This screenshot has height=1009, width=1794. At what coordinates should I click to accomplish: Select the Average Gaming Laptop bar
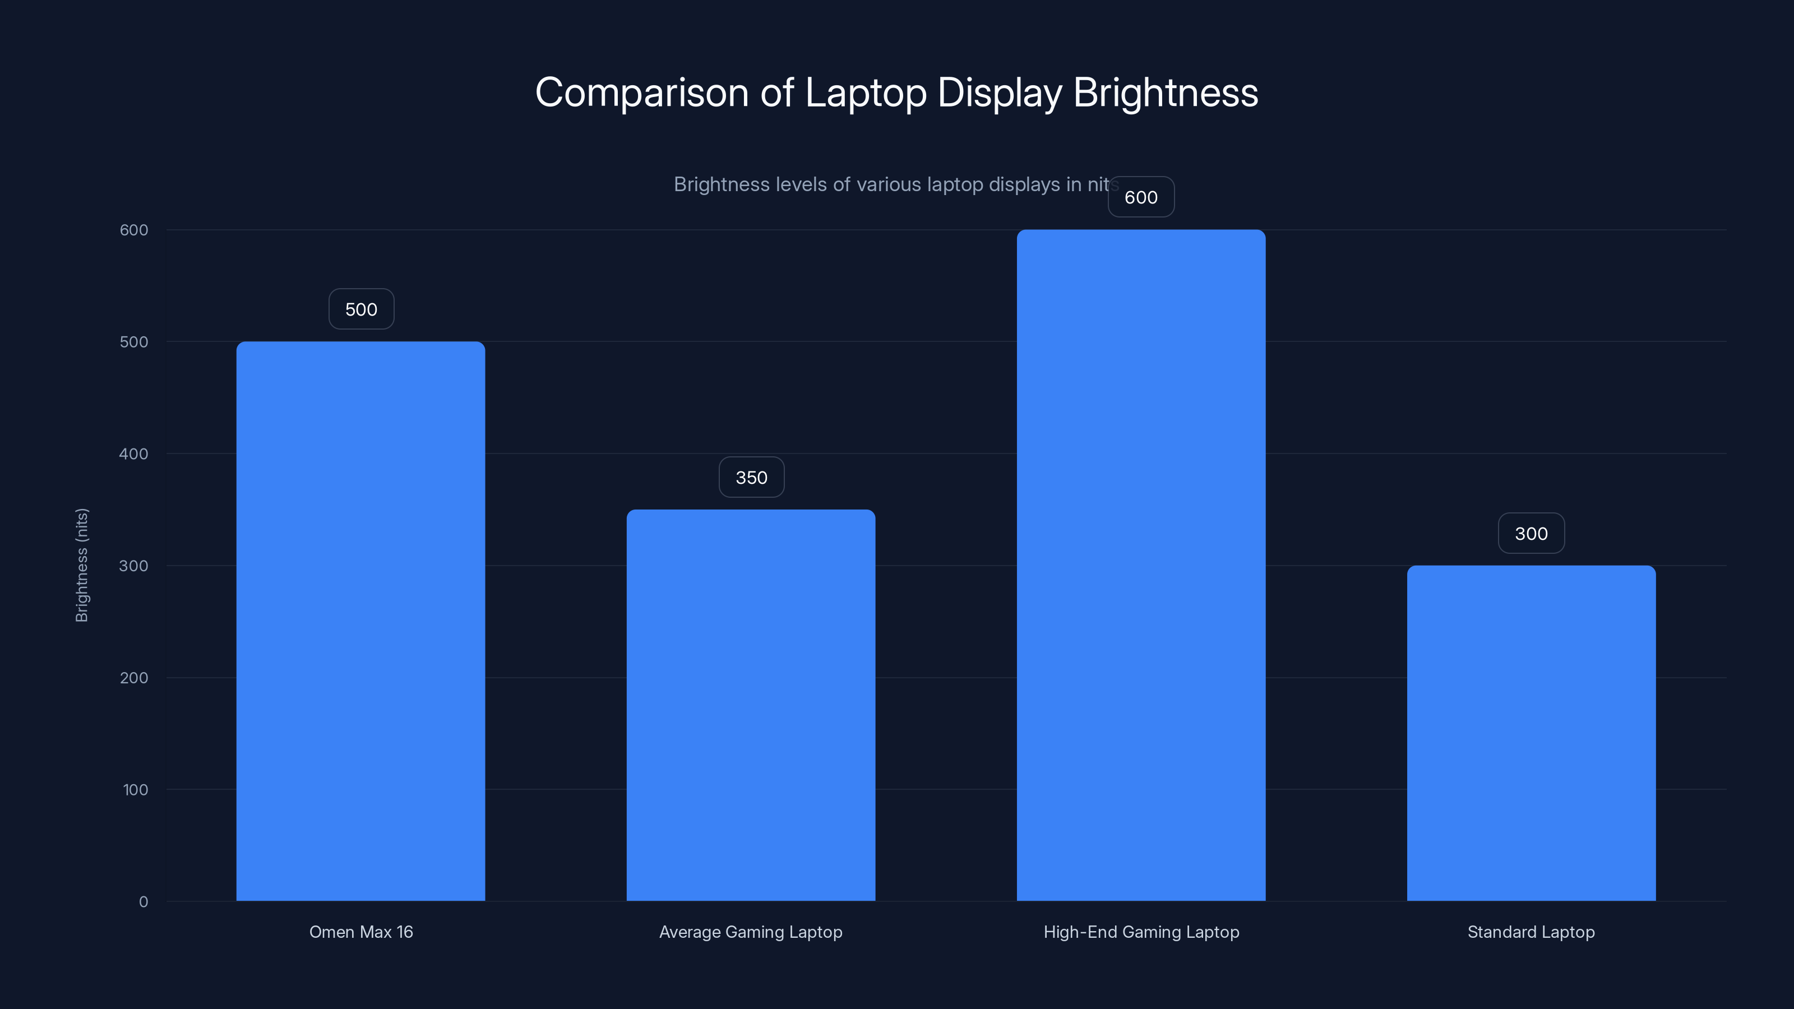click(751, 705)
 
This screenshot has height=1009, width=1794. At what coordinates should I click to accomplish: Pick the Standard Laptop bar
click(1531, 733)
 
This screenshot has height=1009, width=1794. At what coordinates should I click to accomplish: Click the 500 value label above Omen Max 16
click(360, 309)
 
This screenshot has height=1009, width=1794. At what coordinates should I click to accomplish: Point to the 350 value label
click(751, 478)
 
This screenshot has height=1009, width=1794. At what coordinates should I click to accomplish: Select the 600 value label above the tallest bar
click(1141, 197)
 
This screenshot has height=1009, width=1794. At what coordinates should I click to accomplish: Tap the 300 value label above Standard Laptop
click(1531, 534)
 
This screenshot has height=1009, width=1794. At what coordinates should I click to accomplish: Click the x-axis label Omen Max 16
click(360, 932)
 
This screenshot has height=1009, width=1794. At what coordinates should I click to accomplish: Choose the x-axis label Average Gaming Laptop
click(751, 932)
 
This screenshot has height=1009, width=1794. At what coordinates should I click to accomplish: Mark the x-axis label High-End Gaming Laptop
click(1141, 932)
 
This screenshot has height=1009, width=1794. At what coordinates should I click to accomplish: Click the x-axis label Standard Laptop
click(1531, 932)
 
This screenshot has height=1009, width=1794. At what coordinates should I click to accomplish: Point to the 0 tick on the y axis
click(144, 902)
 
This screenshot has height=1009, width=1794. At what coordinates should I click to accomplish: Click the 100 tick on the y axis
click(135, 790)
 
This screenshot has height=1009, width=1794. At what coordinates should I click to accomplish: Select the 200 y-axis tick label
click(134, 678)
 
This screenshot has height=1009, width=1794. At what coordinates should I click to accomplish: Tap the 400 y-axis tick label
click(134, 454)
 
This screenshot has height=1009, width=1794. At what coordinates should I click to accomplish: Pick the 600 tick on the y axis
click(134, 230)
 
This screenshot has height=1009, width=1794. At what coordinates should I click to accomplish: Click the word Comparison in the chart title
click(641, 92)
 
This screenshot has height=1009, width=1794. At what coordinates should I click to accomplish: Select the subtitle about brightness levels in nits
click(891, 184)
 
